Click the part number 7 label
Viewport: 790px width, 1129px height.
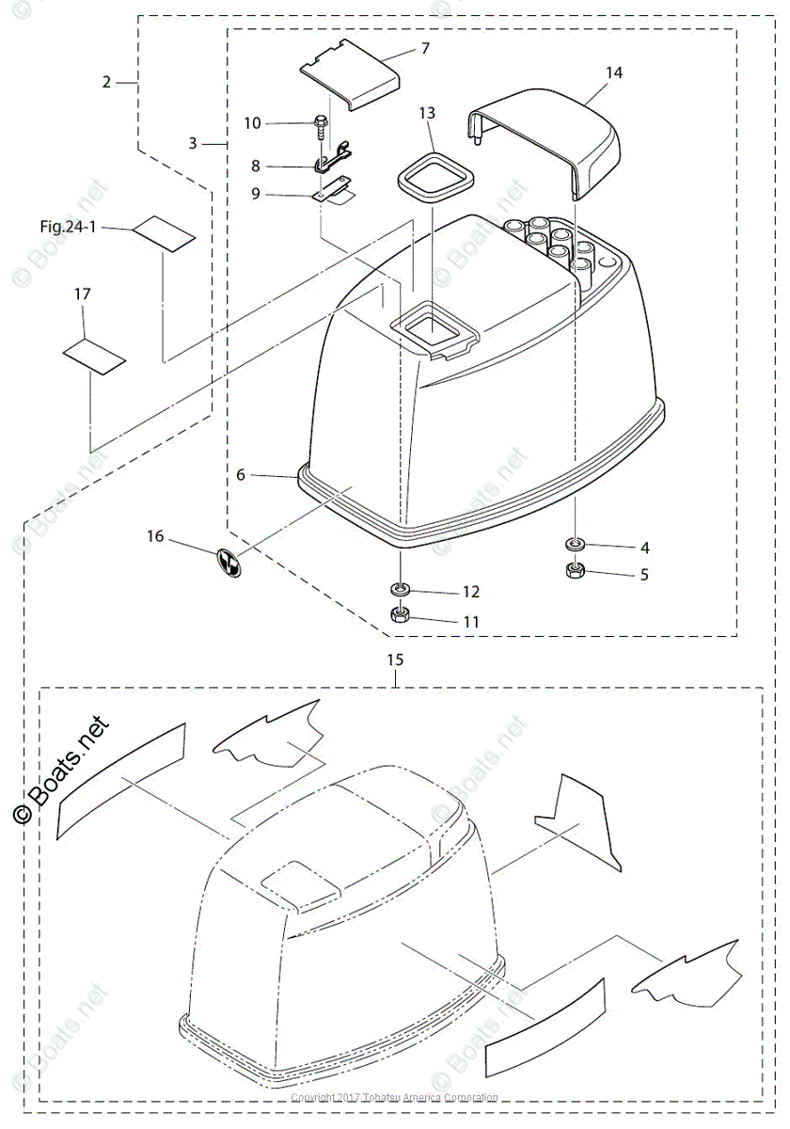pyautogui.click(x=425, y=47)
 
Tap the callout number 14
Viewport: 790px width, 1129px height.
pyautogui.click(x=614, y=72)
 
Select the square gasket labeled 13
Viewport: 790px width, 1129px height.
pyautogui.click(x=432, y=177)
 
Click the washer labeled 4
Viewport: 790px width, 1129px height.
pyautogui.click(x=573, y=546)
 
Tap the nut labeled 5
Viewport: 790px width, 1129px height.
pyautogui.click(x=573, y=571)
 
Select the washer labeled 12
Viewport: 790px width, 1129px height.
pyautogui.click(x=400, y=590)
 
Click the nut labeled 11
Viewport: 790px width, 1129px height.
pyautogui.click(x=400, y=617)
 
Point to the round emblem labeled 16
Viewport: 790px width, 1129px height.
pyautogui.click(x=229, y=562)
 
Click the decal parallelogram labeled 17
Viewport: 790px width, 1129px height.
pyautogui.click(x=93, y=355)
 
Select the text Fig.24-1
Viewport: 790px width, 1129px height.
pyautogui.click(x=69, y=227)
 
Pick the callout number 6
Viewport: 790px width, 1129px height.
pyautogui.click(x=241, y=475)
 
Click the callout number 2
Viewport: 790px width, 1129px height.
pyautogui.click(x=107, y=82)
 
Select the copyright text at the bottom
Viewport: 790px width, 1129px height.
pyautogui.click(x=394, y=1097)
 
